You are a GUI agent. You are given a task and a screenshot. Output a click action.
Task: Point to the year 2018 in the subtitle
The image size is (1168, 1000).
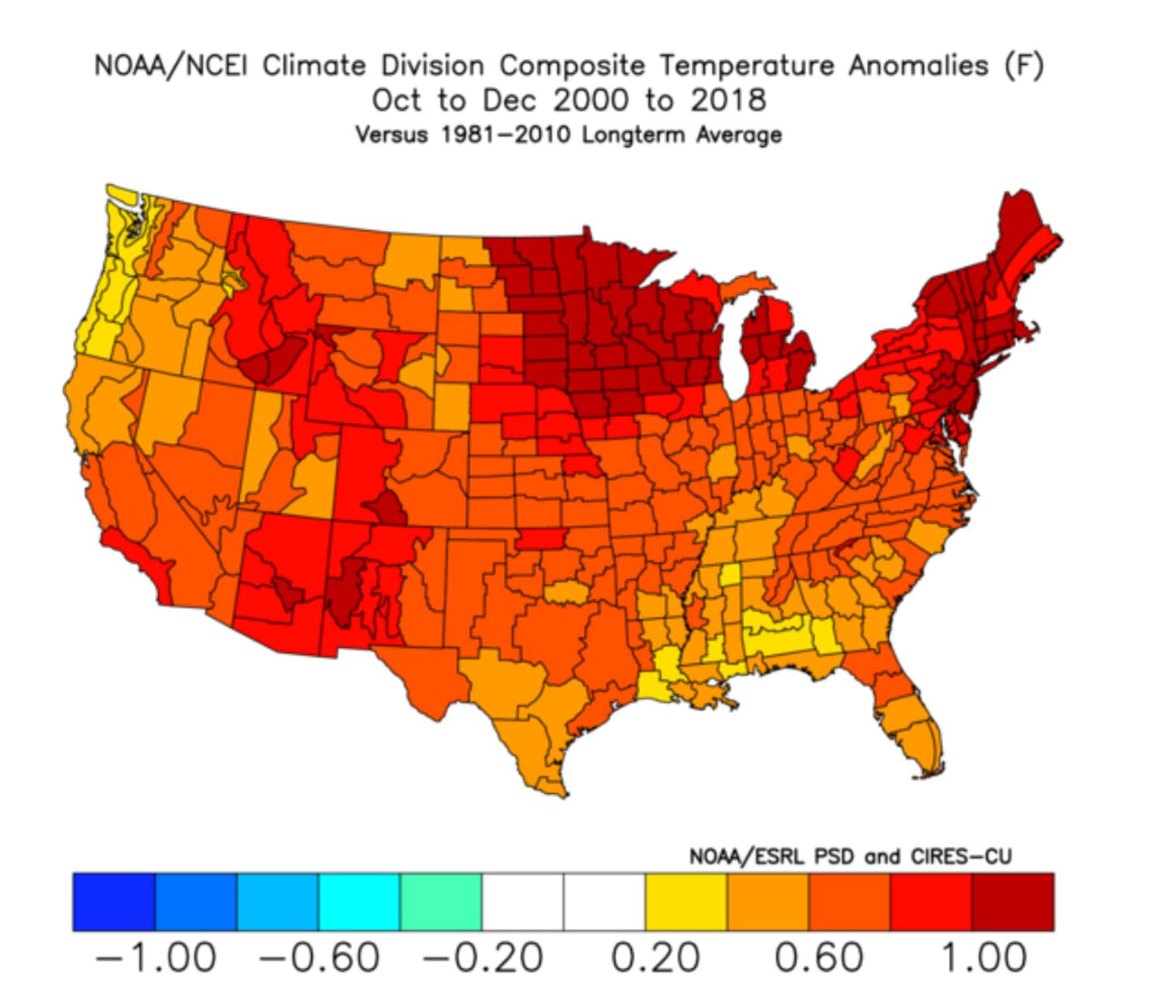(728, 101)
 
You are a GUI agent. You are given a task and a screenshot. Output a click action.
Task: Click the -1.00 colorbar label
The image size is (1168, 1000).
(156, 958)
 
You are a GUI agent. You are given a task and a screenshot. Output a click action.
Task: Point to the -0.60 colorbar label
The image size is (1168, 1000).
(319, 958)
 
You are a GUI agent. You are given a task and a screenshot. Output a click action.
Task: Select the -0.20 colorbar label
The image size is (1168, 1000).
(482, 958)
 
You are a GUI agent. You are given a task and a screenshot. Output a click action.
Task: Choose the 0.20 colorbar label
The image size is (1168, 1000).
(655, 958)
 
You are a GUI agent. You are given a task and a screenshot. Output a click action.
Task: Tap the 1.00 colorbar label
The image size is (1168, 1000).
(983, 958)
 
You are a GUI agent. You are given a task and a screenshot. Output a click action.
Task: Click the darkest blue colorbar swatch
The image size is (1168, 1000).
(114, 902)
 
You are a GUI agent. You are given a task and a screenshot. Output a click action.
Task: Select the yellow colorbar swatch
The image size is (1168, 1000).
(686, 902)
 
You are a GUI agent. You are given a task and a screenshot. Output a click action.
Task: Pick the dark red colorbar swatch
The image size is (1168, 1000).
(1013, 902)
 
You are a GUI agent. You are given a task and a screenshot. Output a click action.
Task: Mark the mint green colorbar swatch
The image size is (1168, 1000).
(440, 902)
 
